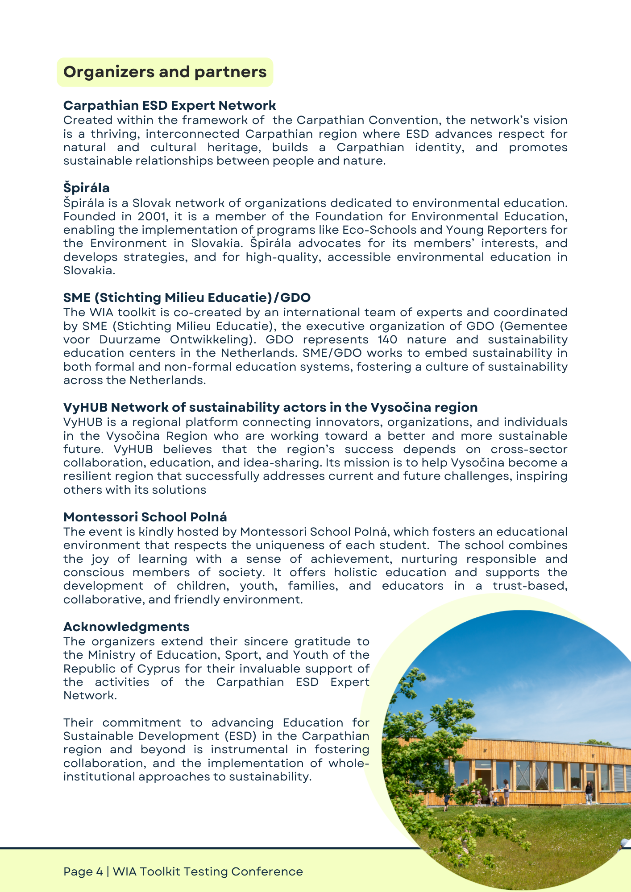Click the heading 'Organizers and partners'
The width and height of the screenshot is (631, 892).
(165, 72)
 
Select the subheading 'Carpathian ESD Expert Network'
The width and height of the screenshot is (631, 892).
(170, 105)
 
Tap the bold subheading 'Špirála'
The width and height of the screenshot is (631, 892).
(87, 188)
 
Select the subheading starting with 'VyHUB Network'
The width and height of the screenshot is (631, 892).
(270, 407)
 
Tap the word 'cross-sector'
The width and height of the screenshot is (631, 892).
(529, 450)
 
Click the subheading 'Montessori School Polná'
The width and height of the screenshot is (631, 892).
(145, 517)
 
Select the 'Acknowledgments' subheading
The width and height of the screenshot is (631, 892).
(126, 627)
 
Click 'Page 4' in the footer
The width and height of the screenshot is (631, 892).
(83, 871)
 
